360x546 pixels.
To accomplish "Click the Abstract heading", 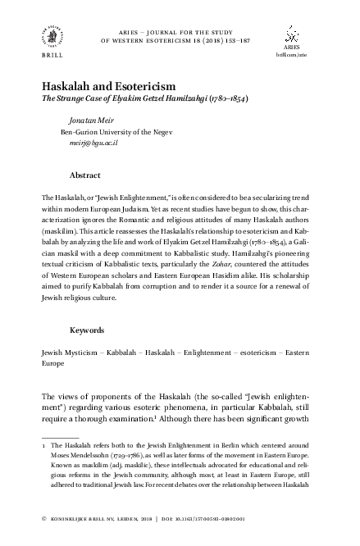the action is tap(85, 175).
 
